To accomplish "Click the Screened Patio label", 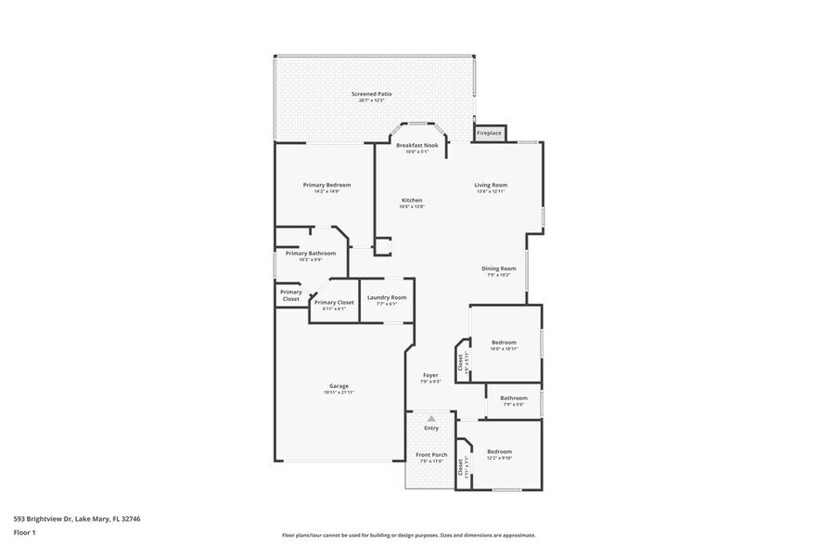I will tap(371, 94).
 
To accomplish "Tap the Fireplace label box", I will tap(489, 134).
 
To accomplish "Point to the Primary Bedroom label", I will tap(326, 185).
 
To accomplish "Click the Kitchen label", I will tap(412, 201).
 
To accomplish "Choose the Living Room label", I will tap(491, 185).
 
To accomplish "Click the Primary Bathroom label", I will tap(310, 253).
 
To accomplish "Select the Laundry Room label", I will tap(386, 298).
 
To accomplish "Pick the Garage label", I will tap(339, 386).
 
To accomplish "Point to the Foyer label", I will tap(429, 375).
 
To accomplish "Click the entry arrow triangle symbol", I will tap(430, 419).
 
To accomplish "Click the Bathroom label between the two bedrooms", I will tap(513, 398).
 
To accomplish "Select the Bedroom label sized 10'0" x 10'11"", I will tap(504, 343).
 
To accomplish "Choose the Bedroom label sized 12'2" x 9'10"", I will tap(499, 452).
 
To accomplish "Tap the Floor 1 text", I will tap(25, 533).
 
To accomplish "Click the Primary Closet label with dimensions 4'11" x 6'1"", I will tap(334, 303).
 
